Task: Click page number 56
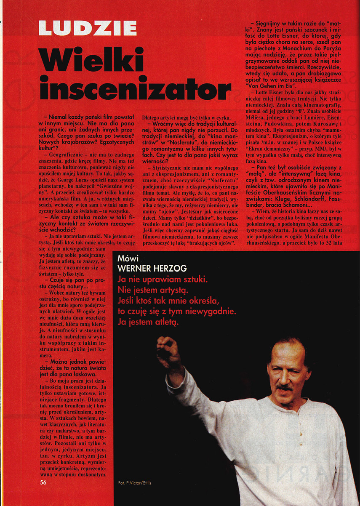point(43,482)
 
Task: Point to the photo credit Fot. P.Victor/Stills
point(135,483)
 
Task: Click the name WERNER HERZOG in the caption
point(146,269)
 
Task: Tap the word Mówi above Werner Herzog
point(128,259)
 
